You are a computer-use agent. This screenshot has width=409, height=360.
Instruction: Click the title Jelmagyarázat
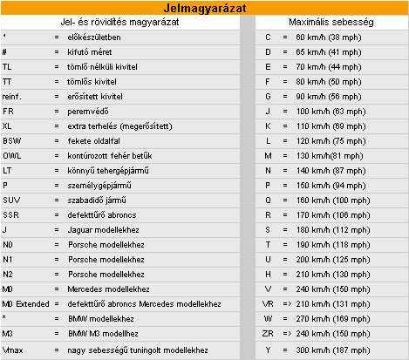(x=204, y=8)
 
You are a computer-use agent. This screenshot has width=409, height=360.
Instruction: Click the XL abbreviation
(x=8, y=127)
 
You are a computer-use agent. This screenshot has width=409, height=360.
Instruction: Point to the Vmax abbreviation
(x=14, y=350)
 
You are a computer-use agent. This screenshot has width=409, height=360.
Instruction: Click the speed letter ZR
(x=269, y=332)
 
